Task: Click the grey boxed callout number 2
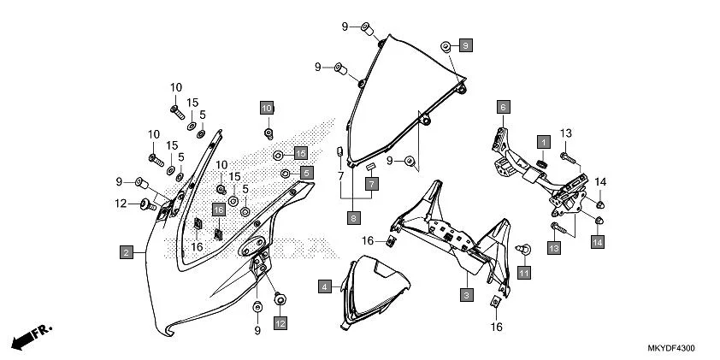(126, 252)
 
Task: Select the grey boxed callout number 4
(325, 286)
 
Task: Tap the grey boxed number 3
(467, 295)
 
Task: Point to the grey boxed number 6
(504, 107)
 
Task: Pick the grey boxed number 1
(542, 140)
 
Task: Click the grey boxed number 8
(353, 218)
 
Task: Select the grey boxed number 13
(553, 247)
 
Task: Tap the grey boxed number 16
(218, 210)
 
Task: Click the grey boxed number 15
(300, 152)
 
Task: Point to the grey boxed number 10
(267, 108)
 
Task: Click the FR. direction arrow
(28, 336)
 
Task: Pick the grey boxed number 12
(280, 323)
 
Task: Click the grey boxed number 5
(307, 173)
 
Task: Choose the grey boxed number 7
(372, 184)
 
